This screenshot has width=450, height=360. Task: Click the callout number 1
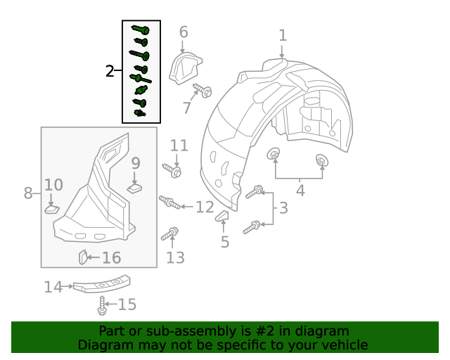(x=283, y=35)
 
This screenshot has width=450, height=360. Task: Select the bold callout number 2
(x=110, y=71)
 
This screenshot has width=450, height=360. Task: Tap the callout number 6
(x=184, y=32)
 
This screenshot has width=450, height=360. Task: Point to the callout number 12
(x=205, y=207)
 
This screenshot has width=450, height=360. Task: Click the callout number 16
(x=111, y=258)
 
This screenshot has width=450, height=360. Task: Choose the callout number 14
(x=53, y=287)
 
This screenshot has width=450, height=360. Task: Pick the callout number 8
(x=28, y=193)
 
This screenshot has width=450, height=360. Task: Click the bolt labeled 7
(x=203, y=91)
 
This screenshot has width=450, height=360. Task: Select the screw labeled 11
(x=173, y=170)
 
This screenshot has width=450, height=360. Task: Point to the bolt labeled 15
(x=103, y=305)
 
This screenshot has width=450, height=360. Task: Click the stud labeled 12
(x=169, y=203)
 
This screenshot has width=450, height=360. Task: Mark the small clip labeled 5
(x=221, y=216)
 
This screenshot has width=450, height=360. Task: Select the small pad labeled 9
(x=136, y=187)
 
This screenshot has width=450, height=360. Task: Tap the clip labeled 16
(x=82, y=257)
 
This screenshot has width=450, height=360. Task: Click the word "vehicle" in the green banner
(x=344, y=345)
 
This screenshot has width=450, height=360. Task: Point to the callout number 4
(x=300, y=190)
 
